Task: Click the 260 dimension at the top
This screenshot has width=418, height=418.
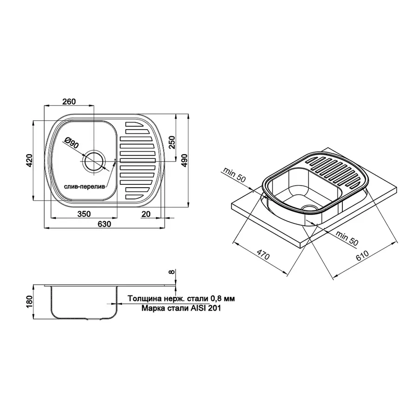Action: click(x=69, y=102)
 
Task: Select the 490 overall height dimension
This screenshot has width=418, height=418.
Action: click(x=184, y=161)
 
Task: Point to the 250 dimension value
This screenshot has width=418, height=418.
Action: click(x=172, y=143)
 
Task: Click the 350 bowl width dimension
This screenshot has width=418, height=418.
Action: click(x=84, y=214)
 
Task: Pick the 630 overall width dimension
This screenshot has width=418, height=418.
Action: click(x=104, y=224)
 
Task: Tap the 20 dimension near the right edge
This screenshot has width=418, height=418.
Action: click(x=146, y=214)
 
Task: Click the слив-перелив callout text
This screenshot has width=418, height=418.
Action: click(x=84, y=187)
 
